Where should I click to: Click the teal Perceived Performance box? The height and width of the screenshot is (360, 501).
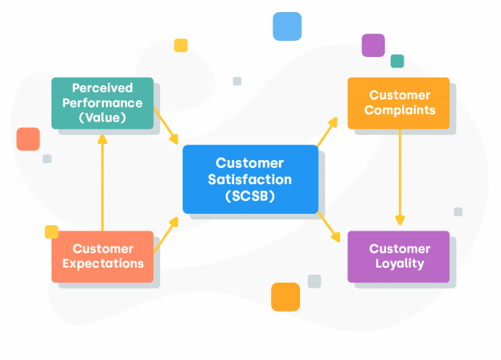102,103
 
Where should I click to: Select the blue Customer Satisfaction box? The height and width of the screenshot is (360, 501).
250,179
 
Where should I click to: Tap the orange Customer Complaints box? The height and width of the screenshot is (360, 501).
398,103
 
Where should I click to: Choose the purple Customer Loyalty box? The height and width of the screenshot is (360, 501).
398,256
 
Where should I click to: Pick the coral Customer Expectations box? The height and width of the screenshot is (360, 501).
102,256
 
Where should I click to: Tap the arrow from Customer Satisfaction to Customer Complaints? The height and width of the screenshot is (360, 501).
327,131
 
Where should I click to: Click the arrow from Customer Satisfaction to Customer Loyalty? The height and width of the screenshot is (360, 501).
330,227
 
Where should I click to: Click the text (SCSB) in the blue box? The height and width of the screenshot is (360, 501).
250,195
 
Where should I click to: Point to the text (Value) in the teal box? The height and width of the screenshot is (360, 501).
102,117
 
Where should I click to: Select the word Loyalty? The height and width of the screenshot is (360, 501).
398,264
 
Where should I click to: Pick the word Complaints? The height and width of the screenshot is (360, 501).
399,110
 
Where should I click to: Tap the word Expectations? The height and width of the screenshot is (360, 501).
102,264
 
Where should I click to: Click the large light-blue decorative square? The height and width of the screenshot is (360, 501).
287,27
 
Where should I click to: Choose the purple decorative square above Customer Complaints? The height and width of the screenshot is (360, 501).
373,45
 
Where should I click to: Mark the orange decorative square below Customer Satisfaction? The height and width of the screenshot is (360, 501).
285,297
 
